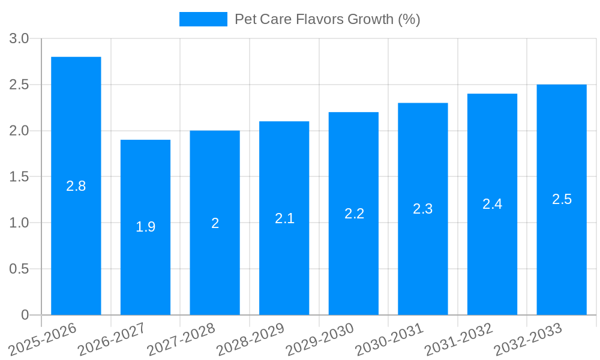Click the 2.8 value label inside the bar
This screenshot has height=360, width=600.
[76, 186]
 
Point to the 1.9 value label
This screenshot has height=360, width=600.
[145, 227]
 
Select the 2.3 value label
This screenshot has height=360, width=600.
[423, 209]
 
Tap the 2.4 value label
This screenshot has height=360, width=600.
[492, 204]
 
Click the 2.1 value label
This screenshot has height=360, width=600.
[284, 218]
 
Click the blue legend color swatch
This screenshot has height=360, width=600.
[203, 19]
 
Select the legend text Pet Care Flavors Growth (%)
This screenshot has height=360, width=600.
[327, 19]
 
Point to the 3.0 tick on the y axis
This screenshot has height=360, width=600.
[19, 38]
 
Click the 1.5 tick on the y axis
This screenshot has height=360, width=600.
[19, 177]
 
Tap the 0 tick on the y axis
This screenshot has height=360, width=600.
[25, 315]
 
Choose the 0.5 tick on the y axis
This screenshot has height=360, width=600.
[19, 269]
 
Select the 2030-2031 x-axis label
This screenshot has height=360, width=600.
[389, 339]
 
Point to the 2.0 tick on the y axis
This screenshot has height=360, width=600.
[19, 131]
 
